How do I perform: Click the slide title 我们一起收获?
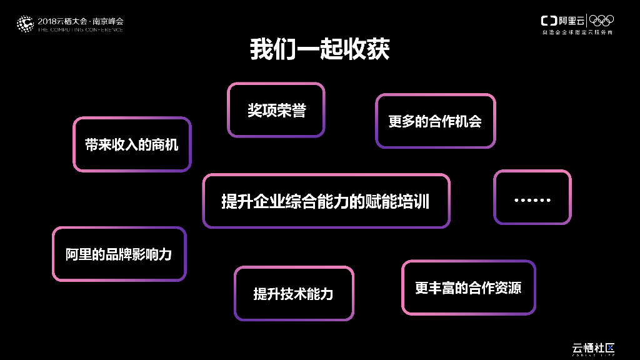(319, 49)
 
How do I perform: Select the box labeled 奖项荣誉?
(276, 111)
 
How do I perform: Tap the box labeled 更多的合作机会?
(435, 121)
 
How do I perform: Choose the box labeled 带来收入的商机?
(132, 144)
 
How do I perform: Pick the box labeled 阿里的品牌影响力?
(119, 254)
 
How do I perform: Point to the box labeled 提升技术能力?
(293, 294)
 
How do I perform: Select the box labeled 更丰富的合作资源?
(468, 287)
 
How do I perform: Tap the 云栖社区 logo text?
(594, 347)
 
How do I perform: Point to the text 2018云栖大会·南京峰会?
(81, 21)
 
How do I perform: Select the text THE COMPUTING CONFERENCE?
(81, 29)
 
